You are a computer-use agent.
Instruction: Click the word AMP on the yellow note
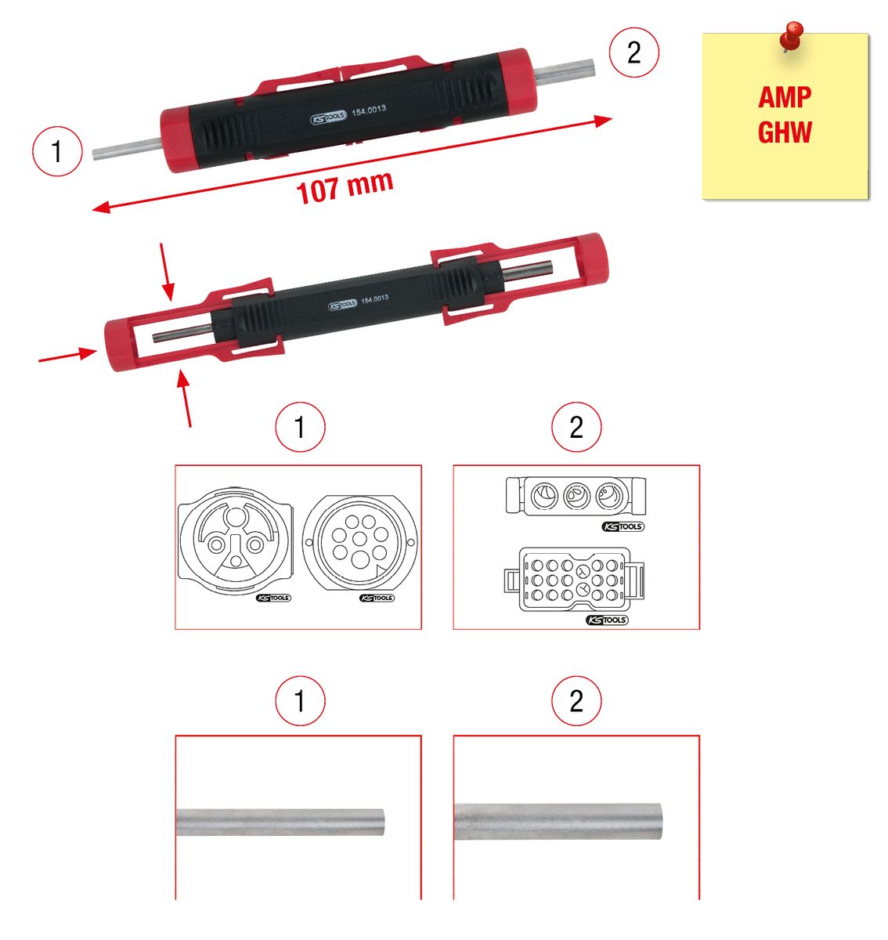(x=785, y=97)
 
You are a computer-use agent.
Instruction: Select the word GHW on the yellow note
(x=785, y=132)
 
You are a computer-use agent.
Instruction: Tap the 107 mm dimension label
(x=345, y=187)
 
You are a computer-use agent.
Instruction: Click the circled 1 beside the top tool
(x=57, y=151)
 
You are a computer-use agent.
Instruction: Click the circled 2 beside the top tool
(x=634, y=52)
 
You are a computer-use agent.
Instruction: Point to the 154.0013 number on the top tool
(x=369, y=110)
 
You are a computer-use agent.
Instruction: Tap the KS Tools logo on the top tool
(x=329, y=117)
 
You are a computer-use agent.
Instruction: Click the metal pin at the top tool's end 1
(x=127, y=148)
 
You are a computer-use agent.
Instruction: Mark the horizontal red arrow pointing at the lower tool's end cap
(x=67, y=355)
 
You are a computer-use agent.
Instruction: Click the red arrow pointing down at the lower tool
(x=167, y=272)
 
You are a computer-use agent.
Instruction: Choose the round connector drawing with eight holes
(x=359, y=543)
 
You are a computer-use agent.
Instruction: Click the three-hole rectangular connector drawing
(x=576, y=496)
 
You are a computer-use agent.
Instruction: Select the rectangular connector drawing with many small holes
(x=574, y=580)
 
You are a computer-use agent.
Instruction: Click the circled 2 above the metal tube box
(x=576, y=700)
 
